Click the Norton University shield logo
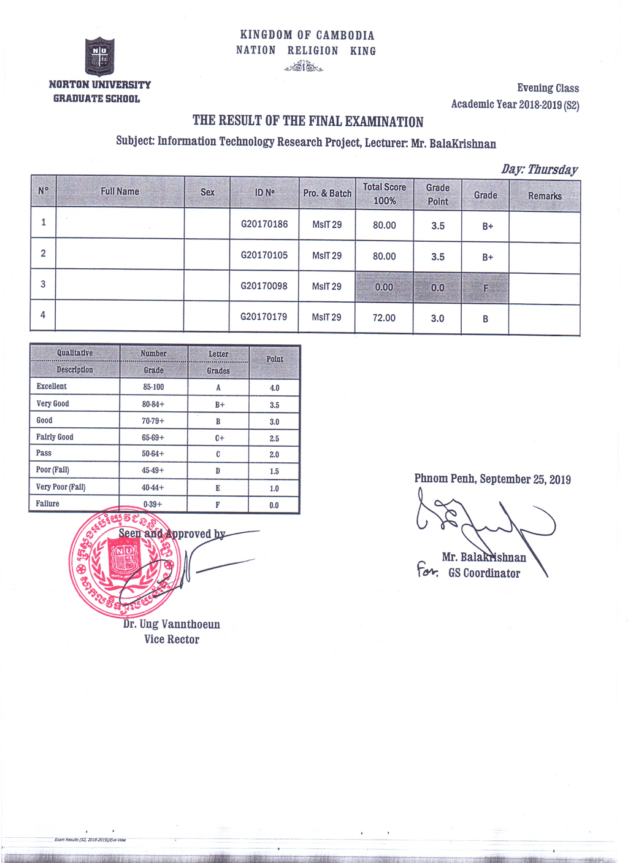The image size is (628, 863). [99, 56]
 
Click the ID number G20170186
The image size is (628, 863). [264, 224]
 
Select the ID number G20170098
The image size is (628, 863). [264, 286]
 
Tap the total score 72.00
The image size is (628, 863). [384, 318]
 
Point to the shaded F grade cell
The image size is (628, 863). [485, 288]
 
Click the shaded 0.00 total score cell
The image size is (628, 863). [384, 287]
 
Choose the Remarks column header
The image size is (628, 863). [545, 196]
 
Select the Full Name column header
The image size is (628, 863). [120, 192]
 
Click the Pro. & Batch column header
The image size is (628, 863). [327, 193]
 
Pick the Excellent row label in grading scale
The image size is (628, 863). [52, 387]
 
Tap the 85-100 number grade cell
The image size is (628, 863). [153, 387]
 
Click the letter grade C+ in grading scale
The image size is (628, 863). [219, 438]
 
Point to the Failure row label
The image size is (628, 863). [48, 504]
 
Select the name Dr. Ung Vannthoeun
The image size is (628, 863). [171, 624]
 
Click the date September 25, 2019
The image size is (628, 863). [525, 479]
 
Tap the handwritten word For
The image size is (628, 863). [427, 572]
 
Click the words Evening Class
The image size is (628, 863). [548, 88]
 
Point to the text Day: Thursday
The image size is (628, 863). [539, 169]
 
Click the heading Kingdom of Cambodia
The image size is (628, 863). [307, 36]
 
